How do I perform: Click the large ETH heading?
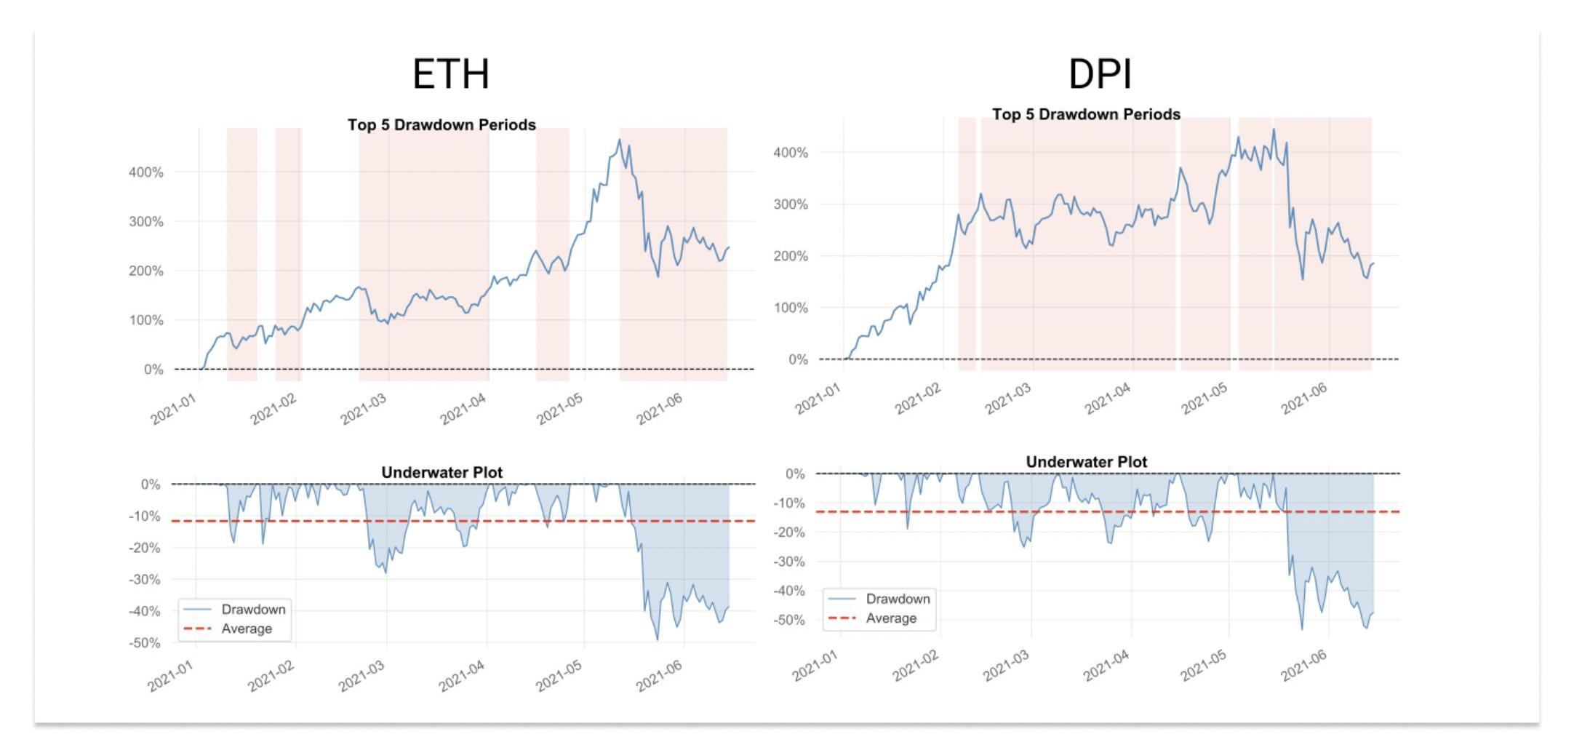pos(451,74)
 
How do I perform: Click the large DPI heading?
pos(1099,74)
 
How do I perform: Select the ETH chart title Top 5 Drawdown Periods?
pos(442,124)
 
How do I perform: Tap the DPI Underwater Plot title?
pos(1086,462)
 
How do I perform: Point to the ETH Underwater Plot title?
pos(442,472)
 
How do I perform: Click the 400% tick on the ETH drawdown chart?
pos(146,172)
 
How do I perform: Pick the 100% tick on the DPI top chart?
pos(791,308)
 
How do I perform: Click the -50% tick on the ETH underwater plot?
pos(145,643)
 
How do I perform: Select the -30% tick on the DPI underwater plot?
pos(789,562)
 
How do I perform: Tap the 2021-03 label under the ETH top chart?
pos(364,409)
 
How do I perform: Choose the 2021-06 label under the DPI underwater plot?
pos(1304,665)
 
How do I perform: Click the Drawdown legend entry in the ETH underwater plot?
pos(253,610)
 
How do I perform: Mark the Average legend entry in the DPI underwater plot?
pos(891,618)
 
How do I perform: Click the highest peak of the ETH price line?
pos(620,140)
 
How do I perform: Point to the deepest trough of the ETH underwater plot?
pos(658,639)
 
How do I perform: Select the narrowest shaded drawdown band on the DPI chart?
pos(967,244)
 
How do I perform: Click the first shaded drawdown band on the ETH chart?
pos(242,255)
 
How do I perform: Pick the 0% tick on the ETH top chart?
pos(153,370)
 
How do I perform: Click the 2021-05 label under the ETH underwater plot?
pos(559,676)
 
